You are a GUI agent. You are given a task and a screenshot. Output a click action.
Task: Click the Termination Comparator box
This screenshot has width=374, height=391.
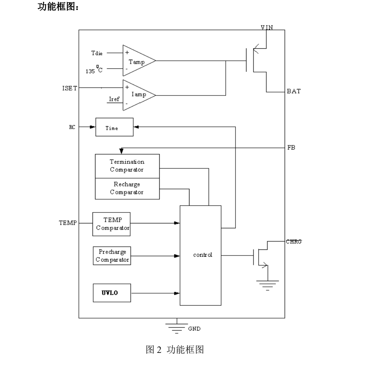(x=127, y=166)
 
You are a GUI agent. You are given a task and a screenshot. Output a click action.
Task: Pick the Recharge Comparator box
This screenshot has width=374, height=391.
(x=127, y=188)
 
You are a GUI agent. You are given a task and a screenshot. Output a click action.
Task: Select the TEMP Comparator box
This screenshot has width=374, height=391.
(x=112, y=224)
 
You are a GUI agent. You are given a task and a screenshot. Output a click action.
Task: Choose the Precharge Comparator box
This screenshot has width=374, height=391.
(x=112, y=256)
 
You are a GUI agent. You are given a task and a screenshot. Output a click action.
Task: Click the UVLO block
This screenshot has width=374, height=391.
(x=112, y=293)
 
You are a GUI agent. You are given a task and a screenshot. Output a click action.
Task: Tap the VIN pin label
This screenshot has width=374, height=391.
(x=267, y=28)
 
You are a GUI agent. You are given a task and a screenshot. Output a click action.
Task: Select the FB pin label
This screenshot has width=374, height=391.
(x=291, y=148)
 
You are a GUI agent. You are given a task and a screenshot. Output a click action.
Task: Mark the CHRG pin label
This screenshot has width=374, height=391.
(x=294, y=242)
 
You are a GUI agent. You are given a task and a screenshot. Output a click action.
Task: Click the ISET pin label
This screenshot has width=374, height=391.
(x=69, y=88)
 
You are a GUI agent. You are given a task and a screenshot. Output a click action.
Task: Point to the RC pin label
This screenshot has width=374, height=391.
(x=72, y=127)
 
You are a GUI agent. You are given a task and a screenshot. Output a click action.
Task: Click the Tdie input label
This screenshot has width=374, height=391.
(x=97, y=53)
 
